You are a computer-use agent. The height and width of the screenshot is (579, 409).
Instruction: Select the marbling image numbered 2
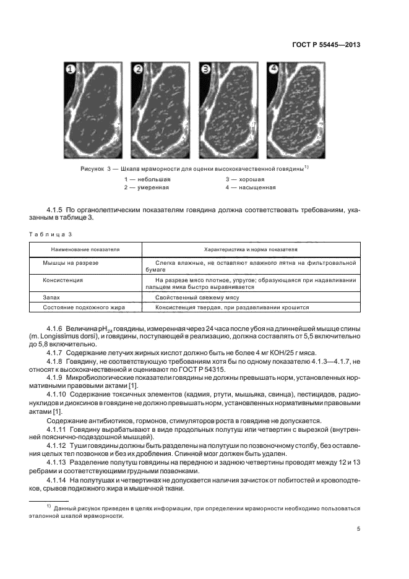coord(161,111)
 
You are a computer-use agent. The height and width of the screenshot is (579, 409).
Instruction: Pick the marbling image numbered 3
coord(228,111)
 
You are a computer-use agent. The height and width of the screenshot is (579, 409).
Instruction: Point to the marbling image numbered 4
coord(296,111)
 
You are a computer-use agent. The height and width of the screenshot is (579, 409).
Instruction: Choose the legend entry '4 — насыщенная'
coord(251,187)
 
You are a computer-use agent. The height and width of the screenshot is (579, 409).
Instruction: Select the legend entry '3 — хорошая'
coord(246,179)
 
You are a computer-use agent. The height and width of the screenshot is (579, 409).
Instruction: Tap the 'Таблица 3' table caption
coord(51,234)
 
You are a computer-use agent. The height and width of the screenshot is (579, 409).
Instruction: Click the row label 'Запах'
coord(51,297)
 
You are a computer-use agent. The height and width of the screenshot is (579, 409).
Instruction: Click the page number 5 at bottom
coord(358,528)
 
